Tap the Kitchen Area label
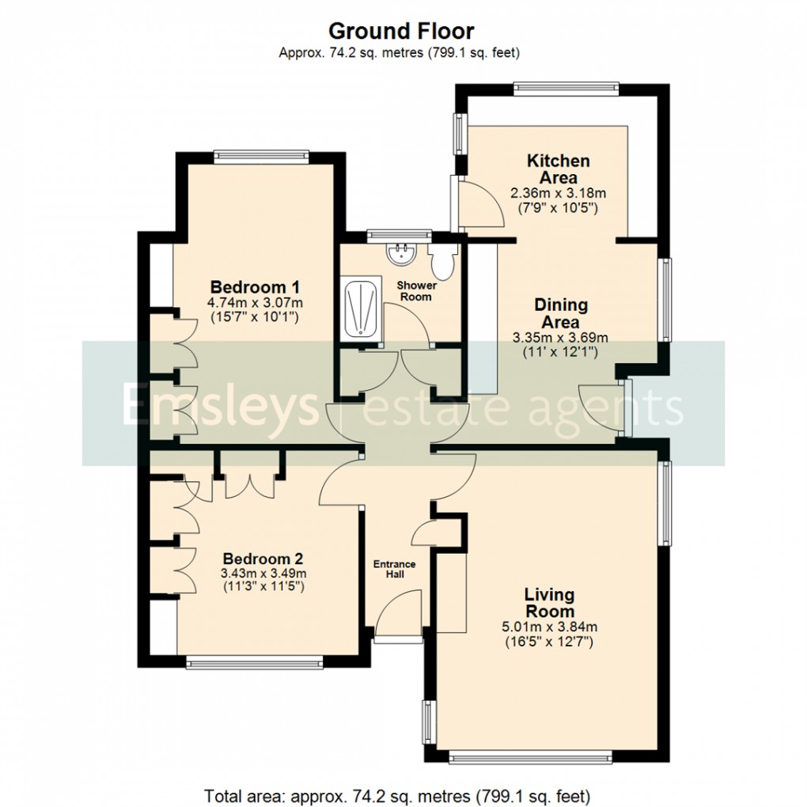pyautogui.click(x=559, y=169)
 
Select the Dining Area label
pyautogui.click(x=561, y=313)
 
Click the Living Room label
pyautogui.click(x=549, y=603)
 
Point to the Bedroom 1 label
pyautogui.click(x=256, y=286)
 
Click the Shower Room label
pyautogui.click(x=416, y=290)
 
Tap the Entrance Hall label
pyautogui.click(x=394, y=569)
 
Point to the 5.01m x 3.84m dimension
pyautogui.click(x=549, y=627)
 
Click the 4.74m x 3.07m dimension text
pyautogui.click(x=255, y=303)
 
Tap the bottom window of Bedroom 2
pyautogui.click(x=255, y=662)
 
